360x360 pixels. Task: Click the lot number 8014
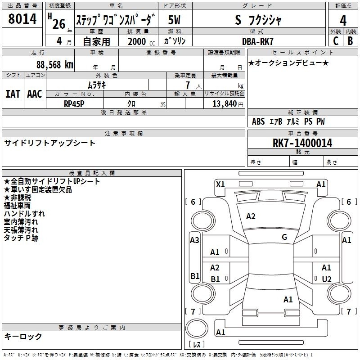click(x=22, y=18)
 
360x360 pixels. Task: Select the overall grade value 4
click(x=343, y=20)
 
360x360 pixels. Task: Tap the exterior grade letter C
click(x=336, y=41)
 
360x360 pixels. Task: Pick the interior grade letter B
click(x=350, y=41)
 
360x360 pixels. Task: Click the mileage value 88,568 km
click(x=54, y=65)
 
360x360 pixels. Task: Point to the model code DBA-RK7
click(x=257, y=41)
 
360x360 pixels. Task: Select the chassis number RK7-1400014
click(x=302, y=143)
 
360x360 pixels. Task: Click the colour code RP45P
click(x=74, y=104)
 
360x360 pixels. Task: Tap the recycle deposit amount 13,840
click(x=224, y=103)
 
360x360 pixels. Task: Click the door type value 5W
click(x=174, y=20)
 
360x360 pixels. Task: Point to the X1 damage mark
click(x=220, y=184)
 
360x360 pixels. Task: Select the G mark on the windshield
click(x=284, y=237)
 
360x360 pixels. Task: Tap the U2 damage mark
click(x=327, y=279)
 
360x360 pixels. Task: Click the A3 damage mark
click(x=194, y=240)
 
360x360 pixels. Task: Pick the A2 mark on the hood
click(x=251, y=216)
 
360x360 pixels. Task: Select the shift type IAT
click(x=13, y=94)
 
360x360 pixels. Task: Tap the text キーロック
click(x=23, y=336)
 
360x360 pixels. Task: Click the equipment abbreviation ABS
click(x=258, y=121)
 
